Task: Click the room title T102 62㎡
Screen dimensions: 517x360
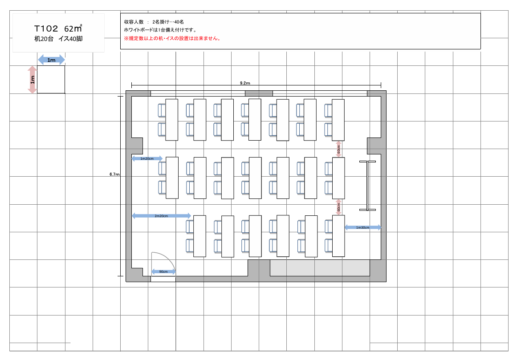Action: [x=58, y=28]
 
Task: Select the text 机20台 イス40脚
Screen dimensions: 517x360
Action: [x=58, y=39]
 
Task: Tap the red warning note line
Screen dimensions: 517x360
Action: [x=172, y=38]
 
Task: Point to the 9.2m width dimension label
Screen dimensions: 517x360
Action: [x=245, y=83]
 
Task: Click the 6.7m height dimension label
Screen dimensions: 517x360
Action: [x=114, y=174]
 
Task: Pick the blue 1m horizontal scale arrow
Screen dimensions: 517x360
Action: [x=52, y=60]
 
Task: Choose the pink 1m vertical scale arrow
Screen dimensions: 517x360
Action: [x=33, y=80]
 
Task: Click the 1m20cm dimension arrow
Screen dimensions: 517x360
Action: [x=147, y=158]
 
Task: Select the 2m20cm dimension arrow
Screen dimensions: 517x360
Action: [x=161, y=216]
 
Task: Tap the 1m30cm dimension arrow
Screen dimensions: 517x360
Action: [x=362, y=227]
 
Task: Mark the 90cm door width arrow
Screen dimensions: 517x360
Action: [x=163, y=272]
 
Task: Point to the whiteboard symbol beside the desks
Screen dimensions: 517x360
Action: [x=367, y=186]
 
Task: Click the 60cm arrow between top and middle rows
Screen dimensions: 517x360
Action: [x=338, y=149]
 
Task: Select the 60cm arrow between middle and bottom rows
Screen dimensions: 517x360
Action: [x=338, y=207]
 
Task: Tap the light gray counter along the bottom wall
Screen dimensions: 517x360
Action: [x=319, y=268]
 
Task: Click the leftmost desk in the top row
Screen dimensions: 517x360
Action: [x=171, y=120]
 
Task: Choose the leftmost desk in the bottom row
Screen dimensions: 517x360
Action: [x=199, y=236]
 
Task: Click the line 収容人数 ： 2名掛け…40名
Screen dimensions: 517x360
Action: [x=154, y=22]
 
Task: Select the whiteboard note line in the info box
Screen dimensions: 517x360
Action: [x=160, y=30]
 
